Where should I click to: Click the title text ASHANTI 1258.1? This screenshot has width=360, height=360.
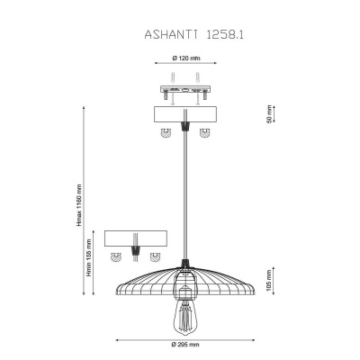pos(193,34)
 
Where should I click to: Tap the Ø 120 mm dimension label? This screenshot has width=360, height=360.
pos(186,58)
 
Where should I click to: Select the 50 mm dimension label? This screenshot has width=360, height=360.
pos(269,114)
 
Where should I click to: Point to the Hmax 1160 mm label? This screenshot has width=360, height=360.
pos(79,205)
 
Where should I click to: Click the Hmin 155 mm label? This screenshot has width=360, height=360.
pos(89,257)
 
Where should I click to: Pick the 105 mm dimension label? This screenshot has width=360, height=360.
pos(269,281)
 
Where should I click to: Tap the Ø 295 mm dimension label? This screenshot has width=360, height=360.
pos(185,345)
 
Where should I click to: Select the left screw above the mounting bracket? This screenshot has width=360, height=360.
pos(173,87)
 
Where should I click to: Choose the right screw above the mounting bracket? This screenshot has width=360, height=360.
pos(197,87)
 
